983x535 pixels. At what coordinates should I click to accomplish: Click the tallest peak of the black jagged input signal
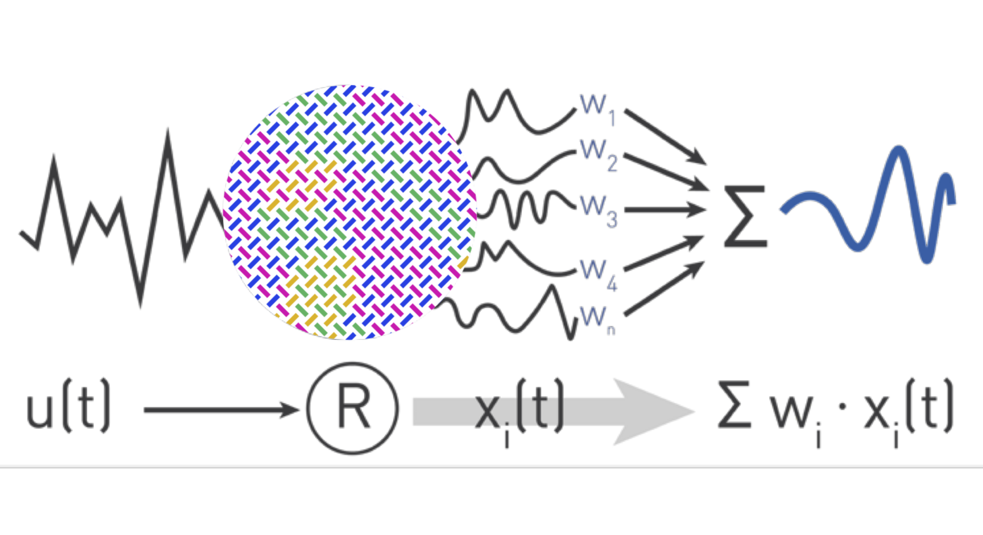click(x=168, y=132)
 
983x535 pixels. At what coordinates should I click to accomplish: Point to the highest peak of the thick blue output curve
click(x=899, y=149)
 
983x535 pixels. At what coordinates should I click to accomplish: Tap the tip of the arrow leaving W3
click(x=705, y=210)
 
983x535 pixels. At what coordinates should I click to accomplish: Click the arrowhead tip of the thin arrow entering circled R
click(x=299, y=410)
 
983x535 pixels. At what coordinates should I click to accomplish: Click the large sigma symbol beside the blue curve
click(x=745, y=216)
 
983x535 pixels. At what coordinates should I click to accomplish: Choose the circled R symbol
click(x=353, y=408)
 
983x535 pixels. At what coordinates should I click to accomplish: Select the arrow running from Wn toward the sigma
click(x=664, y=289)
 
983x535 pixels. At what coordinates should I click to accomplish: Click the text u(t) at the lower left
click(x=68, y=406)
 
